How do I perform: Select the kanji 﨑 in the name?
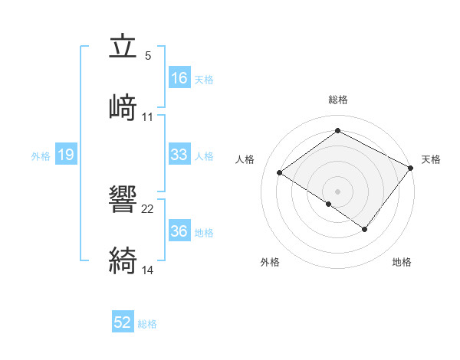[x=124, y=107]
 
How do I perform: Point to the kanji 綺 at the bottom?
[x=124, y=260]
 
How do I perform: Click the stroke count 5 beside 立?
[x=148, y=56]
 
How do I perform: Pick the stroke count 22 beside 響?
[x=148, y=208]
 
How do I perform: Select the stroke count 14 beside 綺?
[x=148, y=269]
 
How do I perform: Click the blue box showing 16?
[x=179, y=78]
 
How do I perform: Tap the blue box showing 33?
[x=179, y=155]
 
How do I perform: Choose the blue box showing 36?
[x=179, y=231]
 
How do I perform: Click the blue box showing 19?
[x=65, y=155]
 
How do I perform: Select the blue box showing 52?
[x=123, y=322]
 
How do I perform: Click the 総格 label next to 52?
[x=147, y=324]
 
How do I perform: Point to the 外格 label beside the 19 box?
[x=41, y=156]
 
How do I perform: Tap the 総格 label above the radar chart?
[x=338, y=100]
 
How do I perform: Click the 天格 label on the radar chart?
[x=431, y=159]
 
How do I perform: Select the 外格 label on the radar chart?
[x=270, y=262]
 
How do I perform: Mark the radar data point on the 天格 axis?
[x=411, y=169]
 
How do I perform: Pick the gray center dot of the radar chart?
[x=337, y=191]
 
